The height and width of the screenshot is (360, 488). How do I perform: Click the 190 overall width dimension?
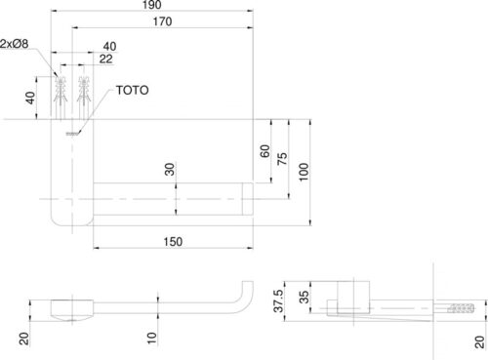coord(152,5)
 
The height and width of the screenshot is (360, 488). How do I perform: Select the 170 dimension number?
coord(162,21)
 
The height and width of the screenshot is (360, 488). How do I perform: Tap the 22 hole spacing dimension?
coord(106,59)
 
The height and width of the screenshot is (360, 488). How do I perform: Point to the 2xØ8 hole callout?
coord(15,44)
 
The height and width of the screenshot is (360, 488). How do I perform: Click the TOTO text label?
coord(132,91)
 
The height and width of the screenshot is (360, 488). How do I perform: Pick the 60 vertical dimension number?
coord(265,151)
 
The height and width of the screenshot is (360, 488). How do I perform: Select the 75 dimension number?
coord(282,158)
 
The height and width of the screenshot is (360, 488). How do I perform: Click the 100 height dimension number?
coord(304,172)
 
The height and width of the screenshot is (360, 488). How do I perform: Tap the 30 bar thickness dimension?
coord(170,169)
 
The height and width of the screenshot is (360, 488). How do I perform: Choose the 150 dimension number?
coord(173,242)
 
